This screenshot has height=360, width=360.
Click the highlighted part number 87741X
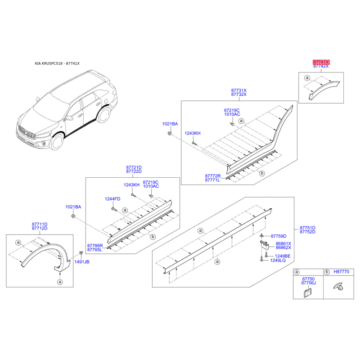321,62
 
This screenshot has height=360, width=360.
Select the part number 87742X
321,66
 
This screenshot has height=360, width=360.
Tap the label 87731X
239,90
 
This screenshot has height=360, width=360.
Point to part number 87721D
134,167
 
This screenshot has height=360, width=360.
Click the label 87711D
40,224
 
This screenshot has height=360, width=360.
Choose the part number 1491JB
82,262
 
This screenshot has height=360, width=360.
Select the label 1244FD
112,199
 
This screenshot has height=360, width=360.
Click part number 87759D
279,236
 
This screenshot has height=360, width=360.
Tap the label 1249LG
278,261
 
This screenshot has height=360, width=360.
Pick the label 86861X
283,243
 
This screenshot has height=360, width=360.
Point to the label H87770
342,272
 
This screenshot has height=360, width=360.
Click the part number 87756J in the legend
309,283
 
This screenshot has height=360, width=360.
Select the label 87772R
213,176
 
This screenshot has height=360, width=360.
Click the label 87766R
95,246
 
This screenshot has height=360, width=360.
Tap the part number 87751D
307,228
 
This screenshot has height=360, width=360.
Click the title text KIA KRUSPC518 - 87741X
57,63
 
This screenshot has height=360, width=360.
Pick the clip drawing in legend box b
338,286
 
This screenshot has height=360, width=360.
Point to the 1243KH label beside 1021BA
193,133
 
